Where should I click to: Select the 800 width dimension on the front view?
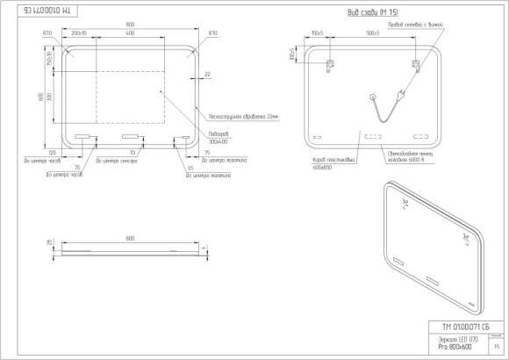pyautogui.click(x=130, y=24)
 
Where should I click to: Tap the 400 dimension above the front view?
pyautogui.click(x=130, y=33)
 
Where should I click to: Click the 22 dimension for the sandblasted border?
pyautogui.click(x=206, y=75)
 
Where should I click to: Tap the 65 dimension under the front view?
pyautogui.click(x=191, y=166)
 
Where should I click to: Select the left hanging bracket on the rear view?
pyautogui.click(x=330, y=65)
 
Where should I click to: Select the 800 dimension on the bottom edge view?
pyautogui.click(x=130, y=239)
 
